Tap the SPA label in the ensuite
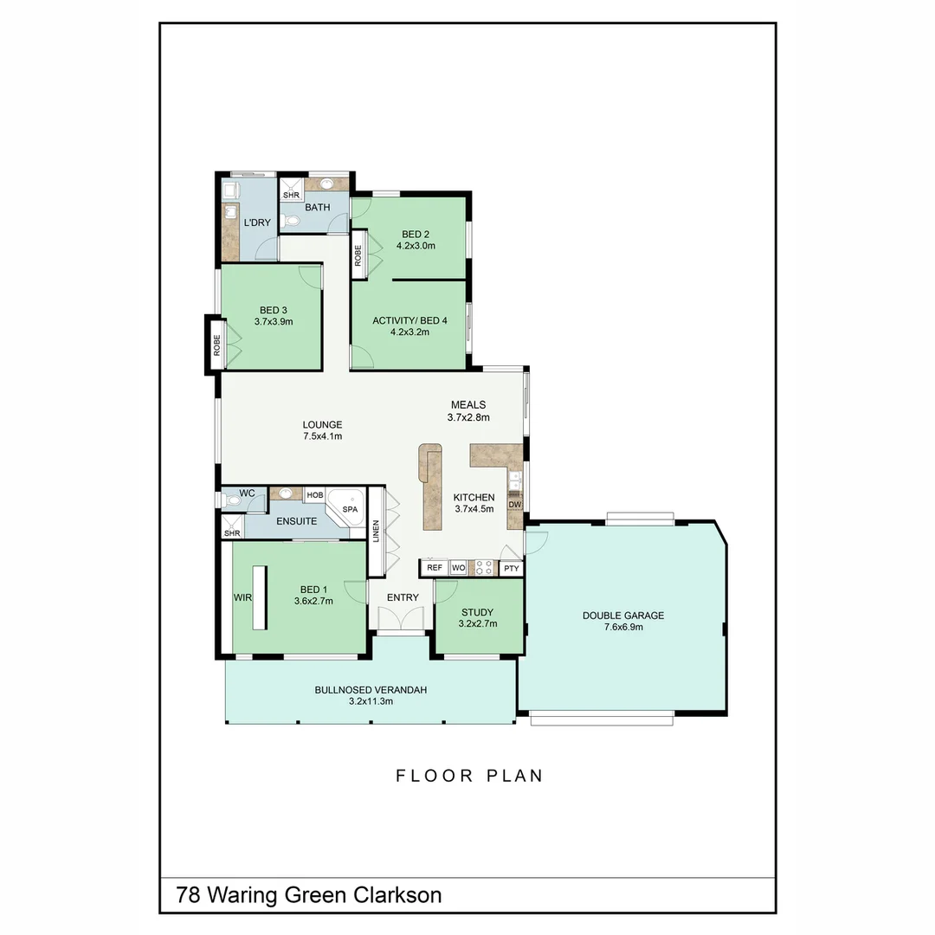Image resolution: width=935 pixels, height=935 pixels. point(350,510)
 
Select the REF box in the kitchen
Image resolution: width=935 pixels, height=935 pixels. point(435,568)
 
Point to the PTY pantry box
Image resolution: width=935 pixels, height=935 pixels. point(512,569)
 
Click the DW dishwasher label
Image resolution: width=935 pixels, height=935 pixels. point(514,505)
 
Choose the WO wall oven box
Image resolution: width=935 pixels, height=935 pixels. point(458,568)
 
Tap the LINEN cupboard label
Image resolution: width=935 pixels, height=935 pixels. point(376,531)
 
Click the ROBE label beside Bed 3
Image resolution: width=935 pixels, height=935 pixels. point(216,345)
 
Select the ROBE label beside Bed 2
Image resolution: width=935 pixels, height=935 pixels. point(358,256)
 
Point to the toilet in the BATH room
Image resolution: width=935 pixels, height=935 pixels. point(292,222)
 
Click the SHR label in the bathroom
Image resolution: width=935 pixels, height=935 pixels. point(290,196)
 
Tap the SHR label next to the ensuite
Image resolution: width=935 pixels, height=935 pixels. point(231,533)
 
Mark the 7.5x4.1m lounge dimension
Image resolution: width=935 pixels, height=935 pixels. point(322,436)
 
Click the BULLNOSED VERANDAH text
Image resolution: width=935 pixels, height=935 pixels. point(371,690)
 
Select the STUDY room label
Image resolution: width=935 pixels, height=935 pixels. point(477,612)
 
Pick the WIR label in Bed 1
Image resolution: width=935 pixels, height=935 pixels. point(242,597)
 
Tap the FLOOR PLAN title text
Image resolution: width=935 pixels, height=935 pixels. point(469,776)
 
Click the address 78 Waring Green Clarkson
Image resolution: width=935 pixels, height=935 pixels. point(309,894)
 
